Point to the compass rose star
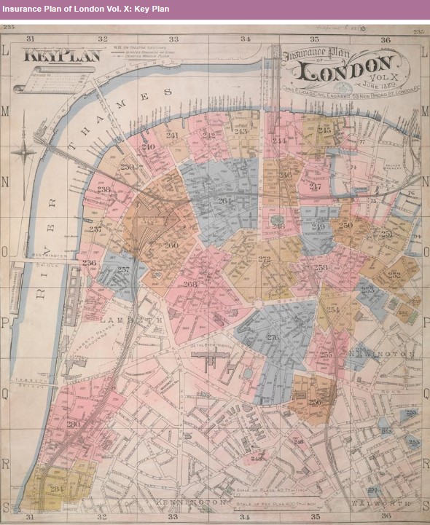pos(28,152)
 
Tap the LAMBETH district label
pos(132,321)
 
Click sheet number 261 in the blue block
pos(224,200)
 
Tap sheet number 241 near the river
pos(172,135)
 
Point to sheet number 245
pos(324,130)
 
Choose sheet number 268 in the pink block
pos(190,284)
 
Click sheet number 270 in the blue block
pos(273,336)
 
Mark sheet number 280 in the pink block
pos(73,425)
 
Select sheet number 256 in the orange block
pos(315,402)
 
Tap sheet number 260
pos(171,245)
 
